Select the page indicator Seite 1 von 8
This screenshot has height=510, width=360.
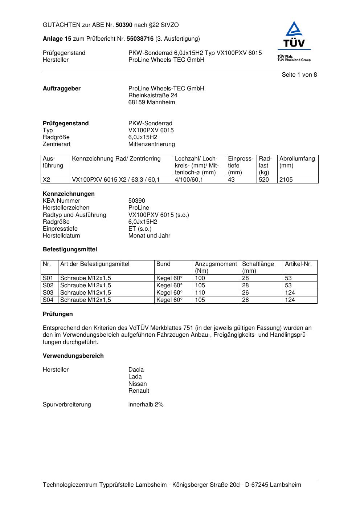pyautogui.click(x=299, y=75)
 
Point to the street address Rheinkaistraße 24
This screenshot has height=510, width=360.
pyautogui.click(x=153, y=96)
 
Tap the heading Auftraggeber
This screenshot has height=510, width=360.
pyautogui.click(x=62, y=89)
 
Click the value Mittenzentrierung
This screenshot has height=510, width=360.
pyautogui.click(x=151, y=144)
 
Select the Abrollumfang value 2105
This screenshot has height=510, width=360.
pyautogui.click(x=286, y=180)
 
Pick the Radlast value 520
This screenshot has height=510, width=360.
pyautogui.click(x=264, y=180)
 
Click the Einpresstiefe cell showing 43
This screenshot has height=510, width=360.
pyautogui.click(x=232, y=180)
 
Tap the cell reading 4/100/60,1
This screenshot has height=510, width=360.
pyautogui.click(x=189, y=180)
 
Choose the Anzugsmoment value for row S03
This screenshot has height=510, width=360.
pyautogui.click(x=200, y=293)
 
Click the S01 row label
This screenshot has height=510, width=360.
pyautogui.click(x=48, y=278)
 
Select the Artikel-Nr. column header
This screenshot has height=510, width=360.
pyautogui.click(x=298, y=264)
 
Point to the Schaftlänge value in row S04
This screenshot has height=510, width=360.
pyautogui.click(x=246, y=300)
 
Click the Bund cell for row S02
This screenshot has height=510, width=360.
pyautogui.click(x=169, y=286)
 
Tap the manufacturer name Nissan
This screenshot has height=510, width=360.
pyautogui.click(x=138, y=384)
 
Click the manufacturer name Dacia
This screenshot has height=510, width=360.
pyautogui.click(x=136, y=370)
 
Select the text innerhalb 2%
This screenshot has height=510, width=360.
pyautogui.click(x=146, y=405)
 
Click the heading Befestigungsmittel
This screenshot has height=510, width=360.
pyautogui.click(x=70, y=250)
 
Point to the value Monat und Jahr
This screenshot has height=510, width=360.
pyautogui.click(x=149, y=236)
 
